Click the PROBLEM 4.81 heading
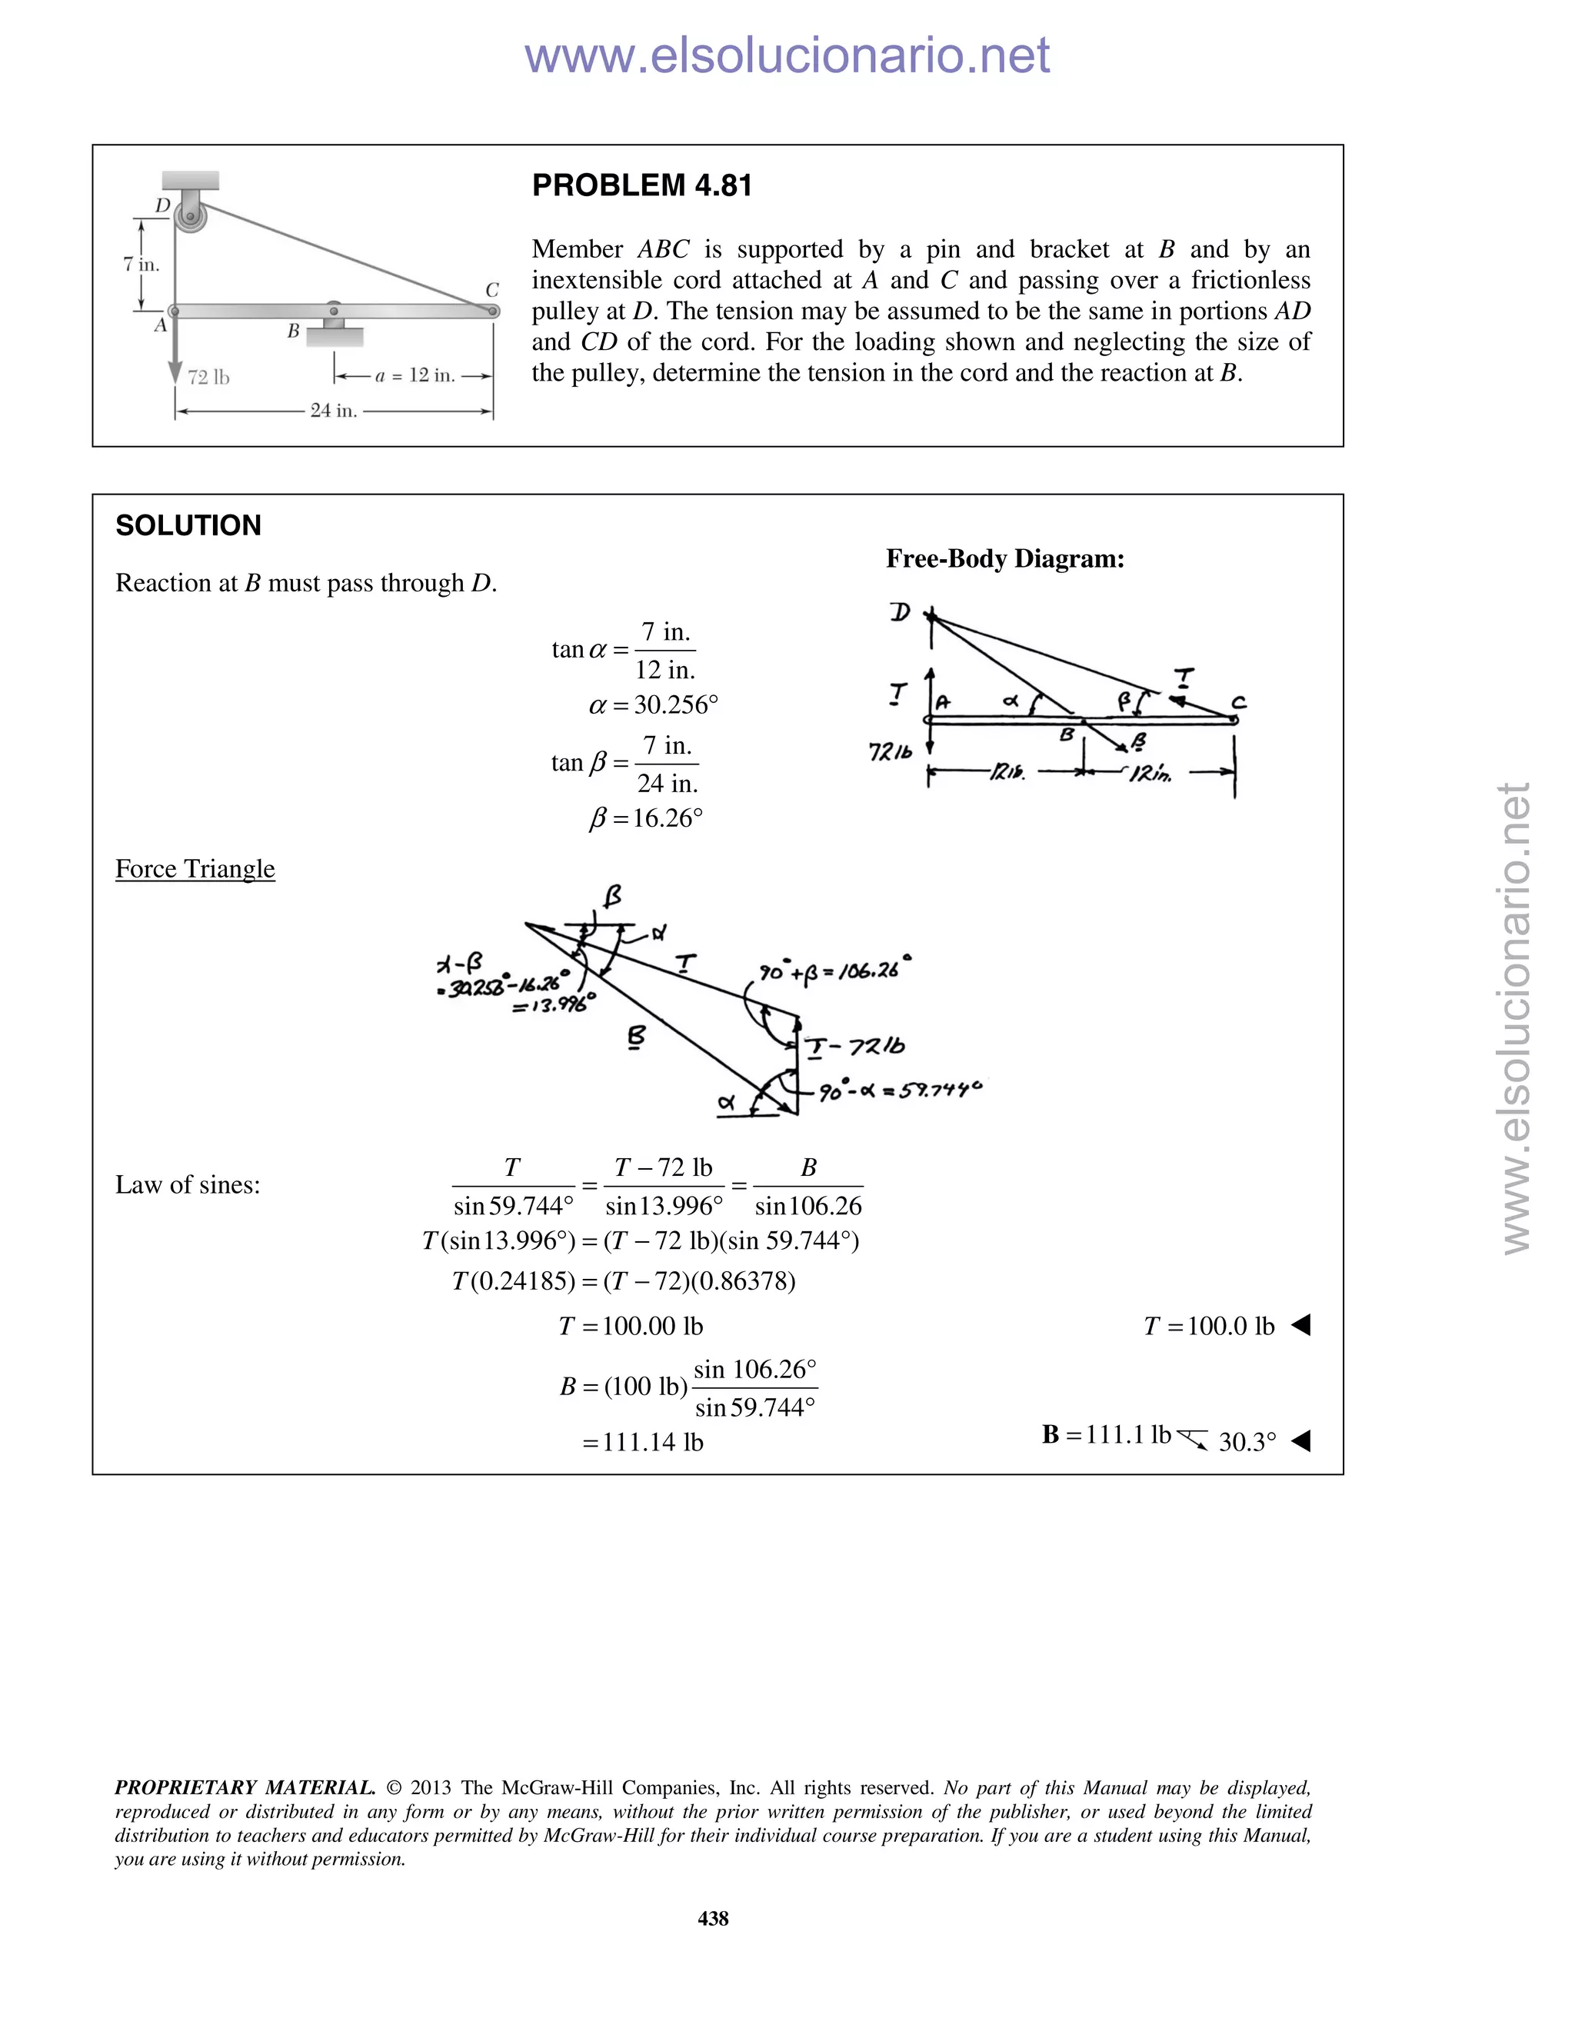tap(642, 185)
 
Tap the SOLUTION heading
tap(188, 525)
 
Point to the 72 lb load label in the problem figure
tap(208, 377)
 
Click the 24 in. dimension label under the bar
tap(333, 411)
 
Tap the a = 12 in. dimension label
tap(415, 375)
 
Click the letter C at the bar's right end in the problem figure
tap(491, 290)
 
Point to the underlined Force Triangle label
tap(195, 869)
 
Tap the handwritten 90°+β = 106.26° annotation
tap(833, 970)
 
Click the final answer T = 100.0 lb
tap(1208, 1326)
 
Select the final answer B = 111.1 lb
tap(1106, 1434)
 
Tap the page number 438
tap(713, 1919)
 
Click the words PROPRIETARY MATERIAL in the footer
tap(245, 1788)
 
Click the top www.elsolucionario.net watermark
tap(787, 56)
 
